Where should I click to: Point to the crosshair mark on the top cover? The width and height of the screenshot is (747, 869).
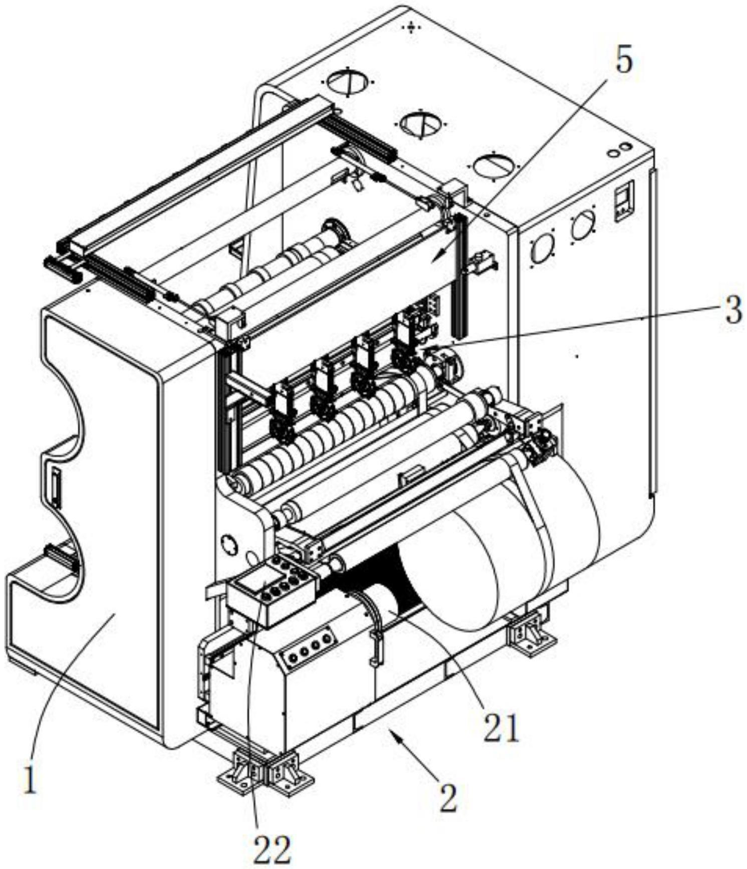(411, 27)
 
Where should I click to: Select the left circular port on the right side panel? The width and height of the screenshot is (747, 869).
(541, 248)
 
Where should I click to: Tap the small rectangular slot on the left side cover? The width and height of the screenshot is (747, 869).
(54, 484)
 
